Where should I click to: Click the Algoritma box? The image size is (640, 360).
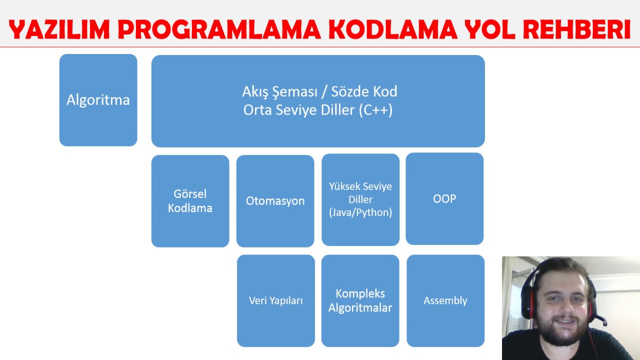98,100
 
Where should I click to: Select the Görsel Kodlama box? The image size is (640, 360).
190,201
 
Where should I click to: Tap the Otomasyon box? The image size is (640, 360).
275,201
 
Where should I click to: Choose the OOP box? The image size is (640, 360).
444,198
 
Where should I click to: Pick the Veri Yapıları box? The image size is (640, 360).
276,300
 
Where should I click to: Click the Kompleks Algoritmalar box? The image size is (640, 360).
360,300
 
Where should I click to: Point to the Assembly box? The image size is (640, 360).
445,300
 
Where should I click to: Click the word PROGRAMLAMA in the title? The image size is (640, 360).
219,30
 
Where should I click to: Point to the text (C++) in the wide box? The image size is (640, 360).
375,110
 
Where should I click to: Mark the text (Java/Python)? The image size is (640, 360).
360,212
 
